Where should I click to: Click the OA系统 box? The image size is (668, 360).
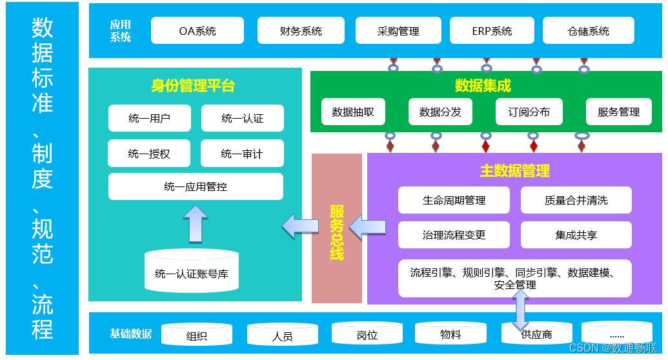click(197, 30)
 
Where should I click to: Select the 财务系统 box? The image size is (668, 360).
click(301, 30)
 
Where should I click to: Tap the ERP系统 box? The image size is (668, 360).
click(492, 30)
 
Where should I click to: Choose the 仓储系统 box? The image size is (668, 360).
click(588, 30)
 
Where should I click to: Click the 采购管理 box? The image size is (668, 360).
click(398, 30)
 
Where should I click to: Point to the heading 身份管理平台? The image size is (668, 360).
click(193, 86)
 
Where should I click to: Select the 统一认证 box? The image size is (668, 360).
click(242, 118)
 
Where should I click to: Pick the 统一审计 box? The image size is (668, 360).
click(242, 154)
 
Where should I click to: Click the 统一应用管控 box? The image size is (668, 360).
click(196, 186)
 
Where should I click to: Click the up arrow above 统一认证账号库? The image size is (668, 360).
click(195, 223)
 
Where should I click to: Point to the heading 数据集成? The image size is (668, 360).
click(483, 85)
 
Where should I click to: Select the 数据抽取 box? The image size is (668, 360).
click(353, 112)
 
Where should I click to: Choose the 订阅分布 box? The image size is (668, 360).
click(529, 112)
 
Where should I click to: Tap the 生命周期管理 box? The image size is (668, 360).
click(454, 200)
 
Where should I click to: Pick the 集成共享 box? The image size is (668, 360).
click(576, 235)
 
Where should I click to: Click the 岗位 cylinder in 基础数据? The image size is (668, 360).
click(367, 334)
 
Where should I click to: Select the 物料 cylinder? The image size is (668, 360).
click(450, 334)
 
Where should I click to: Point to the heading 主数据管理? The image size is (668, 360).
click(515, 171)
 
